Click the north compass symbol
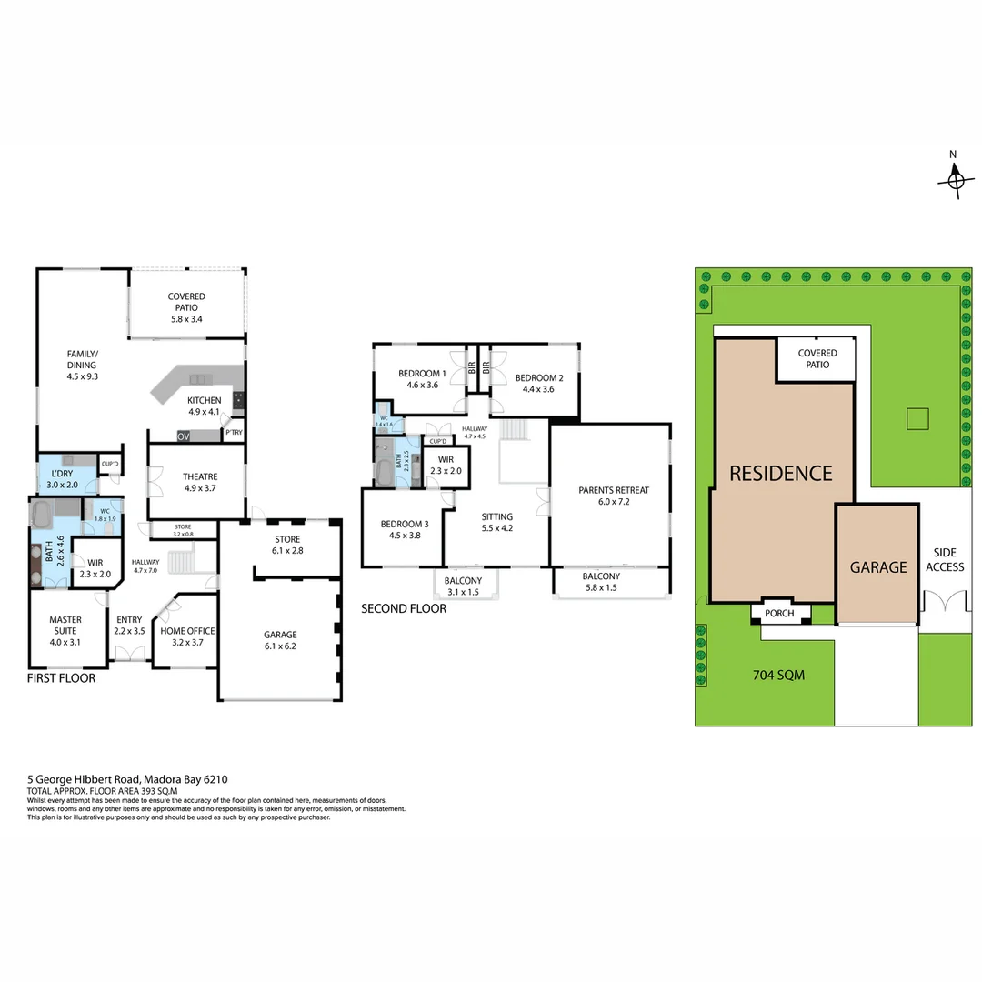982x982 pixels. click(954, 179)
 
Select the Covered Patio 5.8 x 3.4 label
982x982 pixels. click(185, 307)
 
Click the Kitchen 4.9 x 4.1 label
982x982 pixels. click(204, 406)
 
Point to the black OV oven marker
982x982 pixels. click(184, 436)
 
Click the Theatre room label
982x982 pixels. click(199, 482)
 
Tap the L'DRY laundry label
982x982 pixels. click(62, 478)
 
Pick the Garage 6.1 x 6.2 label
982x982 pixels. click(280, 640)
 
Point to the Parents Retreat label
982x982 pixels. click(614, 496)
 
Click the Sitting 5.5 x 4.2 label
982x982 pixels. click(497, 522)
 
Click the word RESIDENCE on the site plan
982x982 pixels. click(780, 473)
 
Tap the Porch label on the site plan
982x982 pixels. click(779, 614)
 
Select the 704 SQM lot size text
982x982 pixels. click(779, 676)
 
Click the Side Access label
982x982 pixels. click(945, 559)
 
